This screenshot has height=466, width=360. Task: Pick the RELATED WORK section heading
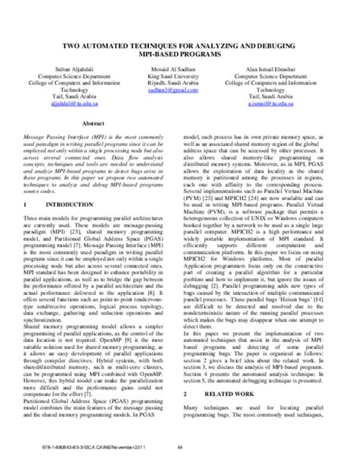(234, 416)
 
